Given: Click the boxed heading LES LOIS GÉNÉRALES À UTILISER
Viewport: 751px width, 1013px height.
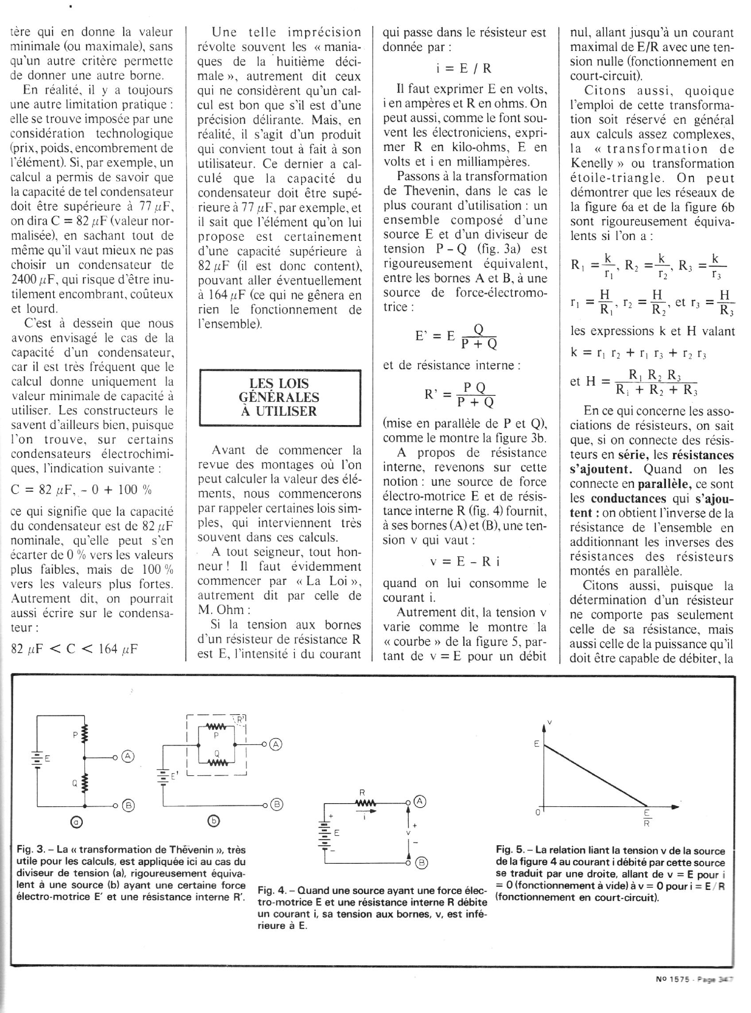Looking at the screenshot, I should pos(279,398).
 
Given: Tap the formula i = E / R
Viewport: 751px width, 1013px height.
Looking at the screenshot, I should pos(464,69).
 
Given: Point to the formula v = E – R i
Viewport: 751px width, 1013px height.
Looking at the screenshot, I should pos(465,561).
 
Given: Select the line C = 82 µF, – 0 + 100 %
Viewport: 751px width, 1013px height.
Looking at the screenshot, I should pos(81,490).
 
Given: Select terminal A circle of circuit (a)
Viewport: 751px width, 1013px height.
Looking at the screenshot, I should pos(129,757).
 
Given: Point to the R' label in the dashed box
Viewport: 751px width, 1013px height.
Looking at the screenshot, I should pos(240,719).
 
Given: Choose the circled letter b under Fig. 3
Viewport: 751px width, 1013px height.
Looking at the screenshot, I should pos(214,820).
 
